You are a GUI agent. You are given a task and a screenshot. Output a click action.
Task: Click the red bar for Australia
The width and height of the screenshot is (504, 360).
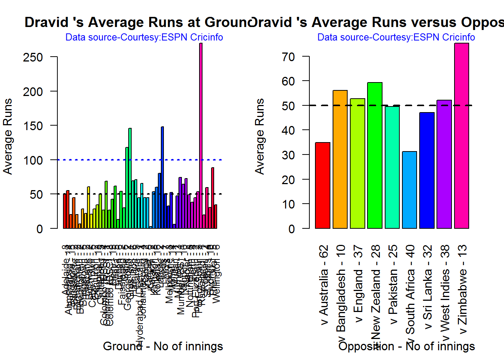coord(322,185)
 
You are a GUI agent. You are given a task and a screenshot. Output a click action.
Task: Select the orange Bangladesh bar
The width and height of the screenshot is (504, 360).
coord(340,159)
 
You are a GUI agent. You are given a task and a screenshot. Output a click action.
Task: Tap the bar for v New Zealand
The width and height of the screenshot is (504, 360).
coord(375,155)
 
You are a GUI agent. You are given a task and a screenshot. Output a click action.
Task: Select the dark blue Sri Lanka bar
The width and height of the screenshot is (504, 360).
coord(427,170)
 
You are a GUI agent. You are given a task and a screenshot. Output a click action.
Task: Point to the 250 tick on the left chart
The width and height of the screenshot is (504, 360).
coord(33,57)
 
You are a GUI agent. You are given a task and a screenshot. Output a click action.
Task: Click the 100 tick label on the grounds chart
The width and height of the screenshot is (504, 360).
coord(33,160)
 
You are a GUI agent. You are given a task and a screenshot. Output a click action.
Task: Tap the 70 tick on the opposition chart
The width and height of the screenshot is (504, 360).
coord(288,57)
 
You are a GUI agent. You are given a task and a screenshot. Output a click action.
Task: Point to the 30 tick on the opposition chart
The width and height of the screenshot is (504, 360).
coord(288,155)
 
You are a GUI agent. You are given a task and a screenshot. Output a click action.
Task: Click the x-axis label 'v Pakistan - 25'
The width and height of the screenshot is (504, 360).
coord(393,285)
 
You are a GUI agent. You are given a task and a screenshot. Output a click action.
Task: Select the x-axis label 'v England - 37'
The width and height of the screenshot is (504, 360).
coord(358,284)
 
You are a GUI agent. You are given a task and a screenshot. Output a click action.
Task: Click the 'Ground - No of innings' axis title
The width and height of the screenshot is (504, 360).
coord(163,346)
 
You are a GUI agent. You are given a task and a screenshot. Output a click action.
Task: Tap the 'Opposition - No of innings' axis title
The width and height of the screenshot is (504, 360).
coord(406,346)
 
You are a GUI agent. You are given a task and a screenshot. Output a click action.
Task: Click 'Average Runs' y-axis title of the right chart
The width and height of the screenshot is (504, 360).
coord(259,136)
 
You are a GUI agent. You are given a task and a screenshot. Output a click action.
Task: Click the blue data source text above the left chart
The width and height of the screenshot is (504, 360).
coord(144,37)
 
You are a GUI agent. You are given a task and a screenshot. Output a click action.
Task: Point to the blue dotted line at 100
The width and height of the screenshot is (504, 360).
coord(94,160)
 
